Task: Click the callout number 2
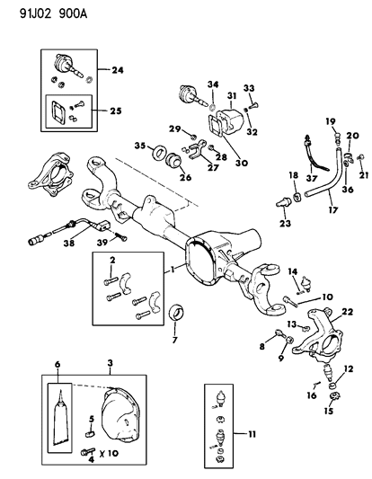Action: [x=112, y=261]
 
